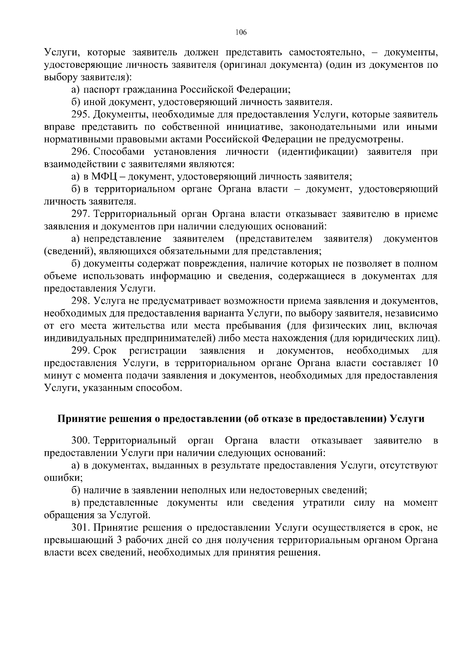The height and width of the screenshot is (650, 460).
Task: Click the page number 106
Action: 241,32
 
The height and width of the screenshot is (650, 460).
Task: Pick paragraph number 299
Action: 80,351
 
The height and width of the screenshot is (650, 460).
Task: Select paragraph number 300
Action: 80,440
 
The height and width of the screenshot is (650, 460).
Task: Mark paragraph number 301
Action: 80,528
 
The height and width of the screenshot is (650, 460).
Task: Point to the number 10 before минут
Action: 432,363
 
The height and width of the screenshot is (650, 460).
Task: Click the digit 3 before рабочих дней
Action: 118,540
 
